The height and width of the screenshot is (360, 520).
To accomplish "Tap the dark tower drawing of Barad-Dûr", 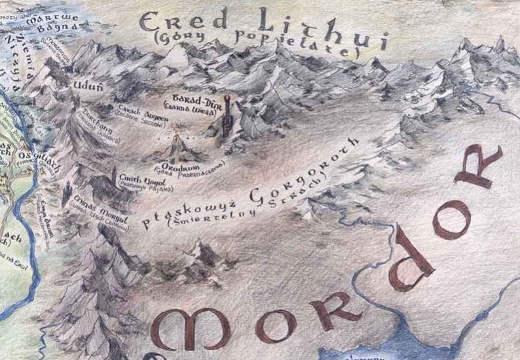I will point(226,118).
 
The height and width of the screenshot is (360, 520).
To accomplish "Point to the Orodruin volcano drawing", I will point(177,148).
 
